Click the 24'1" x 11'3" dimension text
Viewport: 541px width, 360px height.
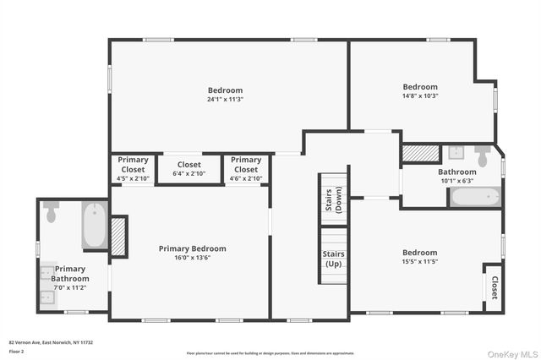(x=226, y=99)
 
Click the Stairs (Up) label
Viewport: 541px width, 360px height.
(x=332, y=258)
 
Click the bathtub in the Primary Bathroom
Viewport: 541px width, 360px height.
(x=94, y=225)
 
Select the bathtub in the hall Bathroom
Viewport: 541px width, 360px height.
(x=475, y=197)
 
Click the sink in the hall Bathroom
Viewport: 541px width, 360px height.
(x=456, y=153)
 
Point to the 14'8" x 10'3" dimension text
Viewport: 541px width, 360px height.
(x=420, y=95)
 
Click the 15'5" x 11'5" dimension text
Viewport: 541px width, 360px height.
(x=420, y=261)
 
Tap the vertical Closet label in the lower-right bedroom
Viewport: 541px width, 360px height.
(x=494, y=287)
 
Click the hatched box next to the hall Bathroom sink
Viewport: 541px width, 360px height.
(x=420, y=153)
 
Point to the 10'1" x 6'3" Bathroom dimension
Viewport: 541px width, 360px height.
(x=456, y=180)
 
